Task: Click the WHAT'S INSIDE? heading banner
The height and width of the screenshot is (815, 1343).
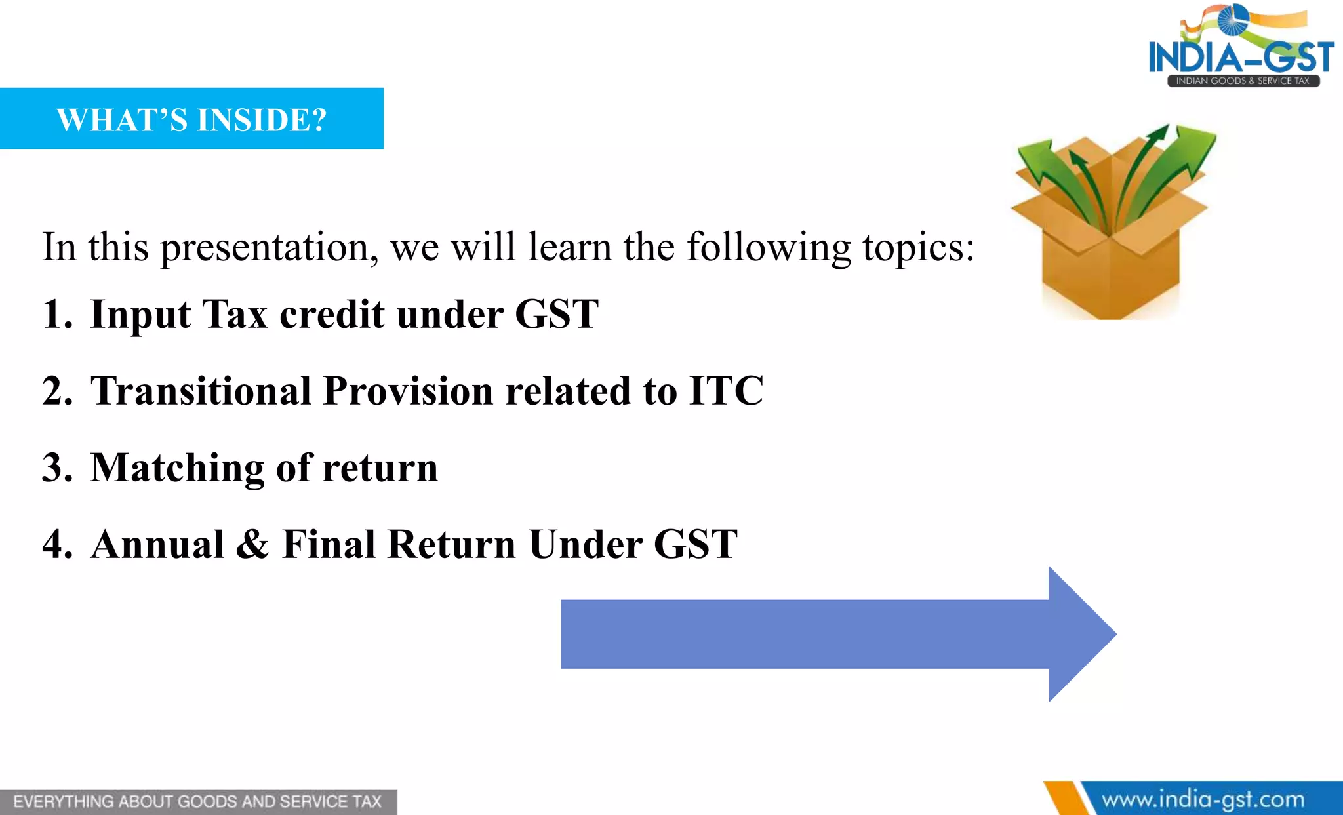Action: point(191,119)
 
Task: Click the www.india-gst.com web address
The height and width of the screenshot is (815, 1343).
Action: point(1203,800)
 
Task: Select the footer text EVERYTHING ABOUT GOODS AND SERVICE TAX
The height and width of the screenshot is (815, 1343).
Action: point(197,802)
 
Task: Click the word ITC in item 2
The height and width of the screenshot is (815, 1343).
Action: point(726,391)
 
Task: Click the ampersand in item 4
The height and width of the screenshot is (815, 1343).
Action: point(252,544)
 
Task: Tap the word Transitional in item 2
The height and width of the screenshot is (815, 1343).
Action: point(201,391)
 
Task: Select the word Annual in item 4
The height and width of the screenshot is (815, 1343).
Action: point(158,544)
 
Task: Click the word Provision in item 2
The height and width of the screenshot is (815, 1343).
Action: point(408,391)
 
